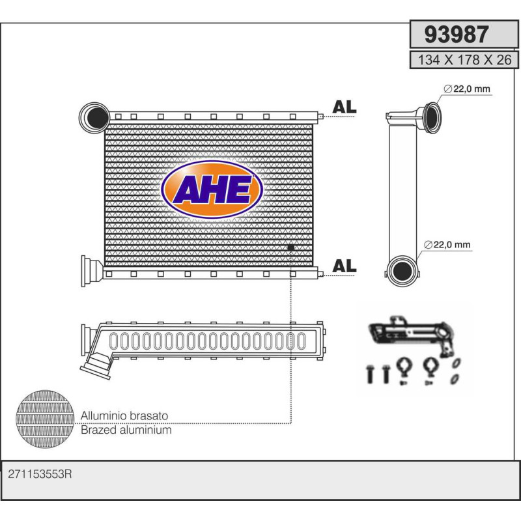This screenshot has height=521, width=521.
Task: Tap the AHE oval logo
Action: [212, 190]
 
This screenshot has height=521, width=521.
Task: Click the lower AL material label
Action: [344, 266]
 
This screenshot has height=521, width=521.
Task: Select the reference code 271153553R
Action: [39, 475]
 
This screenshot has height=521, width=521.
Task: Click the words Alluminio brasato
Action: [124, 415]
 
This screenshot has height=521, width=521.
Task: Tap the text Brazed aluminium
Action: [126, 430]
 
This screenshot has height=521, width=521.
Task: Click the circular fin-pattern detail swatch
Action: [45, 419]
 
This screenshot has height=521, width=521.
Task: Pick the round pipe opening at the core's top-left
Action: [93, 117]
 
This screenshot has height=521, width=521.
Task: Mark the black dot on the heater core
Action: [290, 247]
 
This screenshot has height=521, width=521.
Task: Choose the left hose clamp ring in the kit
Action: [402, 369]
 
